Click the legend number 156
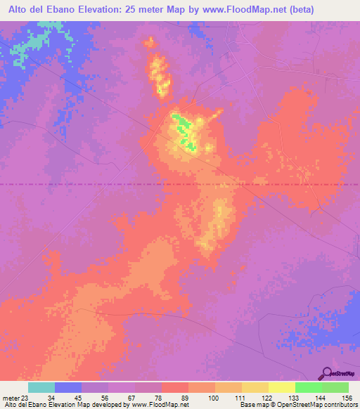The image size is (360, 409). tap(347, 397)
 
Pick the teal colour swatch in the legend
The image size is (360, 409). tap(41, 387)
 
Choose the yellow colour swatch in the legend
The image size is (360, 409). tap(281, 387)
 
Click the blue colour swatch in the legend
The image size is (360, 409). tap(68, 387)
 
